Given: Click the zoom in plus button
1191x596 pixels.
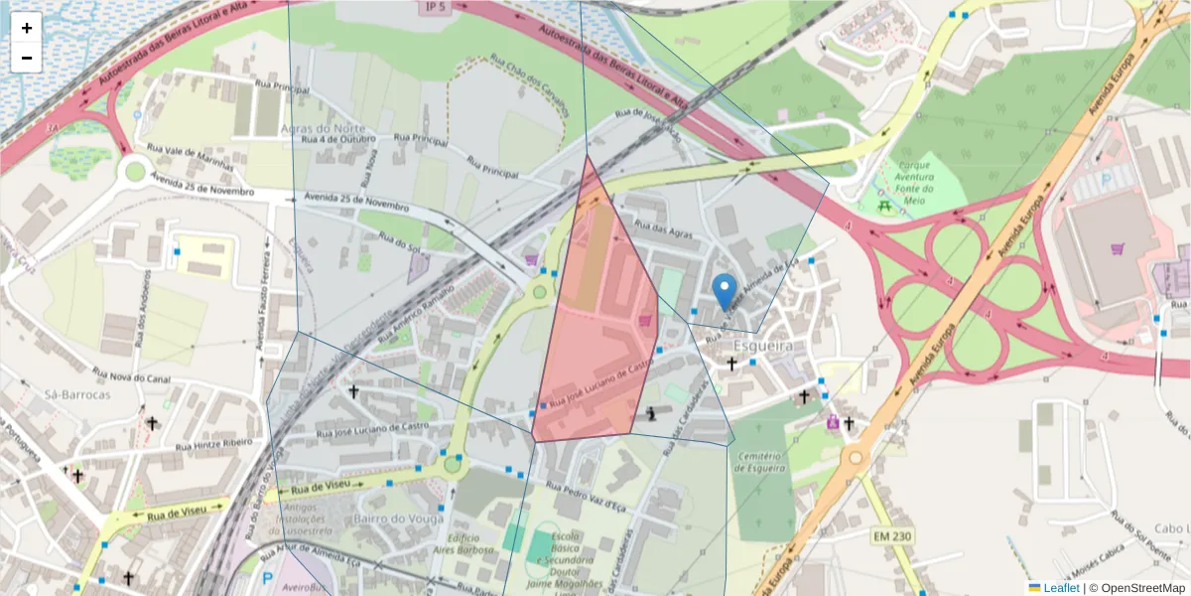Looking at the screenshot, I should tap(27, 28).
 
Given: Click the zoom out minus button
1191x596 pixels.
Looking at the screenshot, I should tap(27, 58).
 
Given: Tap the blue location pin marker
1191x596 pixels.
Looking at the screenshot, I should tap(725, 290).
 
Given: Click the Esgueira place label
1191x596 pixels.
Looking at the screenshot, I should tap(762, 346).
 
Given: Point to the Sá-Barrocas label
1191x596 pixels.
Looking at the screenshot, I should tap(77, 393).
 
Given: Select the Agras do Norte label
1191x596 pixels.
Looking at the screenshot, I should tap(324, 129).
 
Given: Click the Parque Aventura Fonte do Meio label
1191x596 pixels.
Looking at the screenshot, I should tap(914, 183).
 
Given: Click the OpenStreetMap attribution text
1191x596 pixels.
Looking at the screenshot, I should tap(1136, 588).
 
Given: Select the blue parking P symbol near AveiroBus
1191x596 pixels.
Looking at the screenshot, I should tap(266, 577).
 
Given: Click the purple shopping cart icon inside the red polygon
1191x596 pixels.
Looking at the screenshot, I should tap(646, 320).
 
